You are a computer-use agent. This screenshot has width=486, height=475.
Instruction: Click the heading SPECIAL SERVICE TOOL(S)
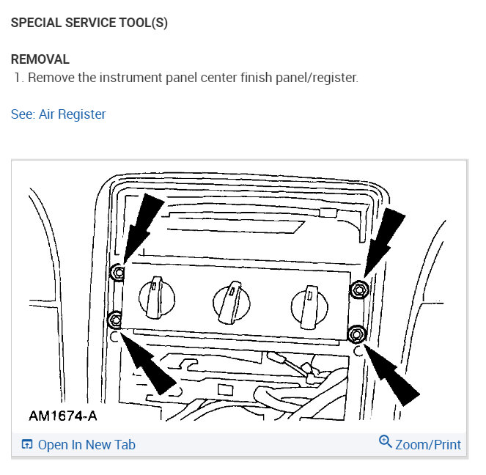[89, 23]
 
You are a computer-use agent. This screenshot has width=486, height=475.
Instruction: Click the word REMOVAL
[40, 59]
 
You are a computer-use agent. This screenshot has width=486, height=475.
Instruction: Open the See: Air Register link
[59, 114]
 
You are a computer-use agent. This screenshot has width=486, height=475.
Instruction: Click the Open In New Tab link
[86, 445]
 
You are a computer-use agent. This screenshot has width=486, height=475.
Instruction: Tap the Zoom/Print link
[428, 445]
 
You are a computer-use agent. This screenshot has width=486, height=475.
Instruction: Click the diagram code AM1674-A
[63, 416]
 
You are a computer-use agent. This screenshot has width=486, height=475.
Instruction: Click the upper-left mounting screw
[116, 274]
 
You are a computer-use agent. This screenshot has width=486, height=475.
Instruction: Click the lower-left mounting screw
[115, 319]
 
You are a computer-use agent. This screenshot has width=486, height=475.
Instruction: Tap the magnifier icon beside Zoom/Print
[386, 442]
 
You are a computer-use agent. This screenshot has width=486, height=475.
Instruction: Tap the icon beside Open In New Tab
[26, 445]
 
